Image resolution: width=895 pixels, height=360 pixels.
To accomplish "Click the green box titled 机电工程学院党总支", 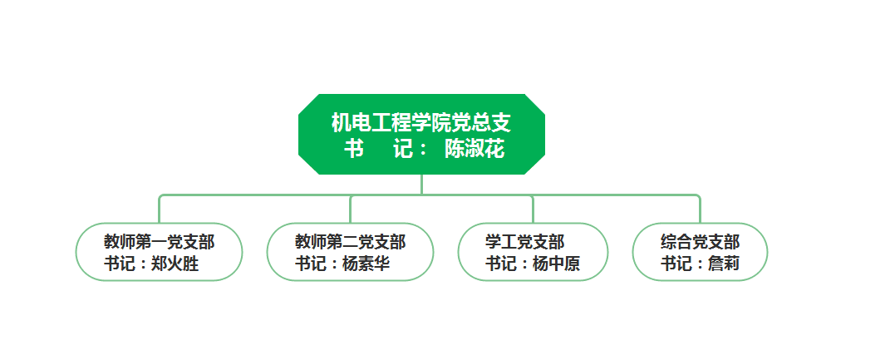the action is tap(421, 135).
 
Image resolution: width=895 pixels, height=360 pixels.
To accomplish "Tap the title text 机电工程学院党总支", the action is tap(421, 122).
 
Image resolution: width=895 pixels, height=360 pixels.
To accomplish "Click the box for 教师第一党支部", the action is tap(160, 252).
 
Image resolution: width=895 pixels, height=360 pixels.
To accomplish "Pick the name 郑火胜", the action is tap(175, 264).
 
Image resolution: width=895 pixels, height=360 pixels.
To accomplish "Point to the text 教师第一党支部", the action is tap(160, 242).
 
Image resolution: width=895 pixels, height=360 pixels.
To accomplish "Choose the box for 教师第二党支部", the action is tap(350, 252).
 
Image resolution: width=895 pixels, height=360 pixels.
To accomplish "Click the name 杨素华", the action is tap(366, 264).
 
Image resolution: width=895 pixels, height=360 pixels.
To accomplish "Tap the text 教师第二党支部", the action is tap(350, 242).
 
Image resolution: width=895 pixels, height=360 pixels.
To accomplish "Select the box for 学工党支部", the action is tap(534, 252).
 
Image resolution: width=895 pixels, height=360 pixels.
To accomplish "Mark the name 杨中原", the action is tap(557, 264).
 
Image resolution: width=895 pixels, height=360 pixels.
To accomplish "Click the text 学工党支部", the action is tap(525, 242).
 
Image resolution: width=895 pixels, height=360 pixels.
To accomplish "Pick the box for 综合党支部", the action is tap(700, 252).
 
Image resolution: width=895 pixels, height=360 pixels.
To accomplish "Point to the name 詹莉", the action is tap(724, 264).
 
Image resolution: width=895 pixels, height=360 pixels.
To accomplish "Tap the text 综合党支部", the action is tap(701, 242).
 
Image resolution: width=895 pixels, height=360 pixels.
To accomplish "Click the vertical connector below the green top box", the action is tap(422, 185).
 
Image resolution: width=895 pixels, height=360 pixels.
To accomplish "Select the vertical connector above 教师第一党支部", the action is tap(160, 210).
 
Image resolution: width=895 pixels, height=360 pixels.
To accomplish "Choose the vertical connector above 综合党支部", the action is tap(700, 210).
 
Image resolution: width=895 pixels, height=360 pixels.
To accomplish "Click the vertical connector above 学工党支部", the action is tap(534, 210).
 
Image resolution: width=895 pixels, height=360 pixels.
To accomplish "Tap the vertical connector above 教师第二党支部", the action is tap(350, 210).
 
